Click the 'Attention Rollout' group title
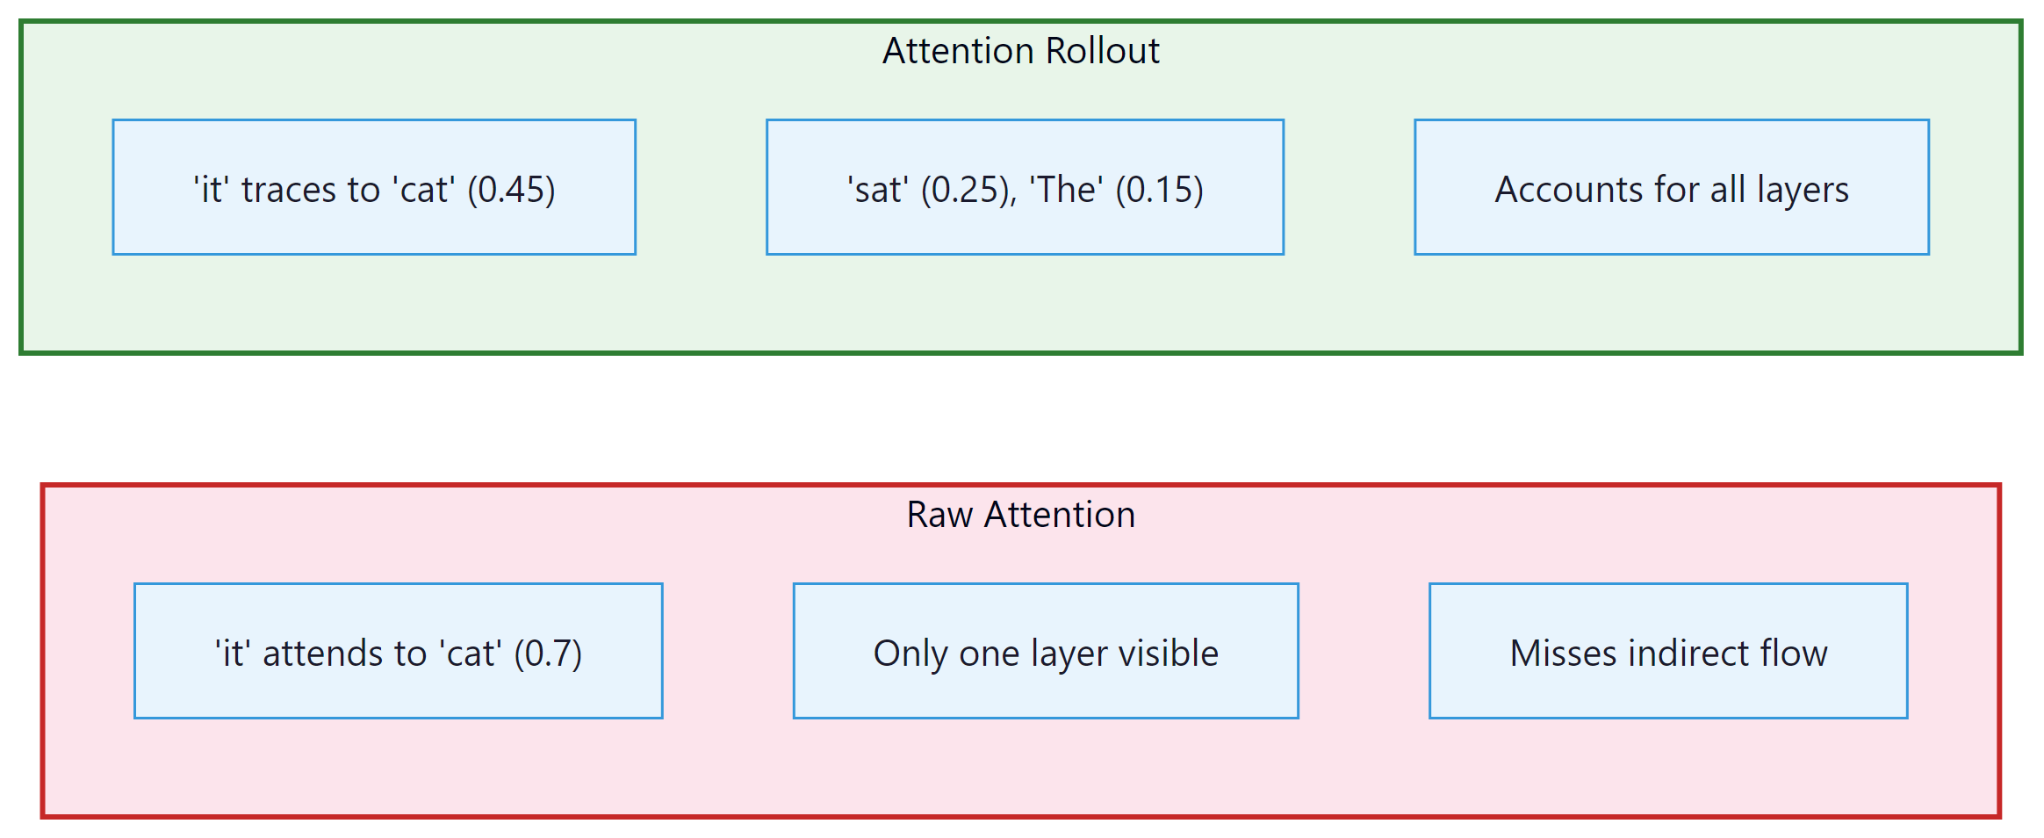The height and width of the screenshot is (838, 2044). (x=1020, y=51)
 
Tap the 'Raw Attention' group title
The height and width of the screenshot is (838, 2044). (x=1020, y=515)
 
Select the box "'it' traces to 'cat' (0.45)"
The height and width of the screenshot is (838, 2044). (x=374, y=188)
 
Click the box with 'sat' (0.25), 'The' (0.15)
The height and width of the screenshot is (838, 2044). (x=1025, y=188)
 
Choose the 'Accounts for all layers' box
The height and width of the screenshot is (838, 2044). (x=1671, y=188)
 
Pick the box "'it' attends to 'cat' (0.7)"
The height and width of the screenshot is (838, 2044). (x=398, y=652)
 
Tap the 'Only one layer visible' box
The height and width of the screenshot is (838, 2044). (x=1045, y=652)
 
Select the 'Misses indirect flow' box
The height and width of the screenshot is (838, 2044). (x=1667, y=652)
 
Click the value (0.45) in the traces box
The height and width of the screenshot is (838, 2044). (x=511, y=190)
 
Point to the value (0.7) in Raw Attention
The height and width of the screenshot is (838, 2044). (x=548, y=654)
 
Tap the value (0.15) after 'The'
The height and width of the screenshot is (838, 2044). (x=1159, y=190)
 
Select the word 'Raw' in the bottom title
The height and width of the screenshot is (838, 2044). (x=939, y=515)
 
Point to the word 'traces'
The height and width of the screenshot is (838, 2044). (x=289, y=190)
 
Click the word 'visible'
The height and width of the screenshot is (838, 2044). (x=1168, y=654)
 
